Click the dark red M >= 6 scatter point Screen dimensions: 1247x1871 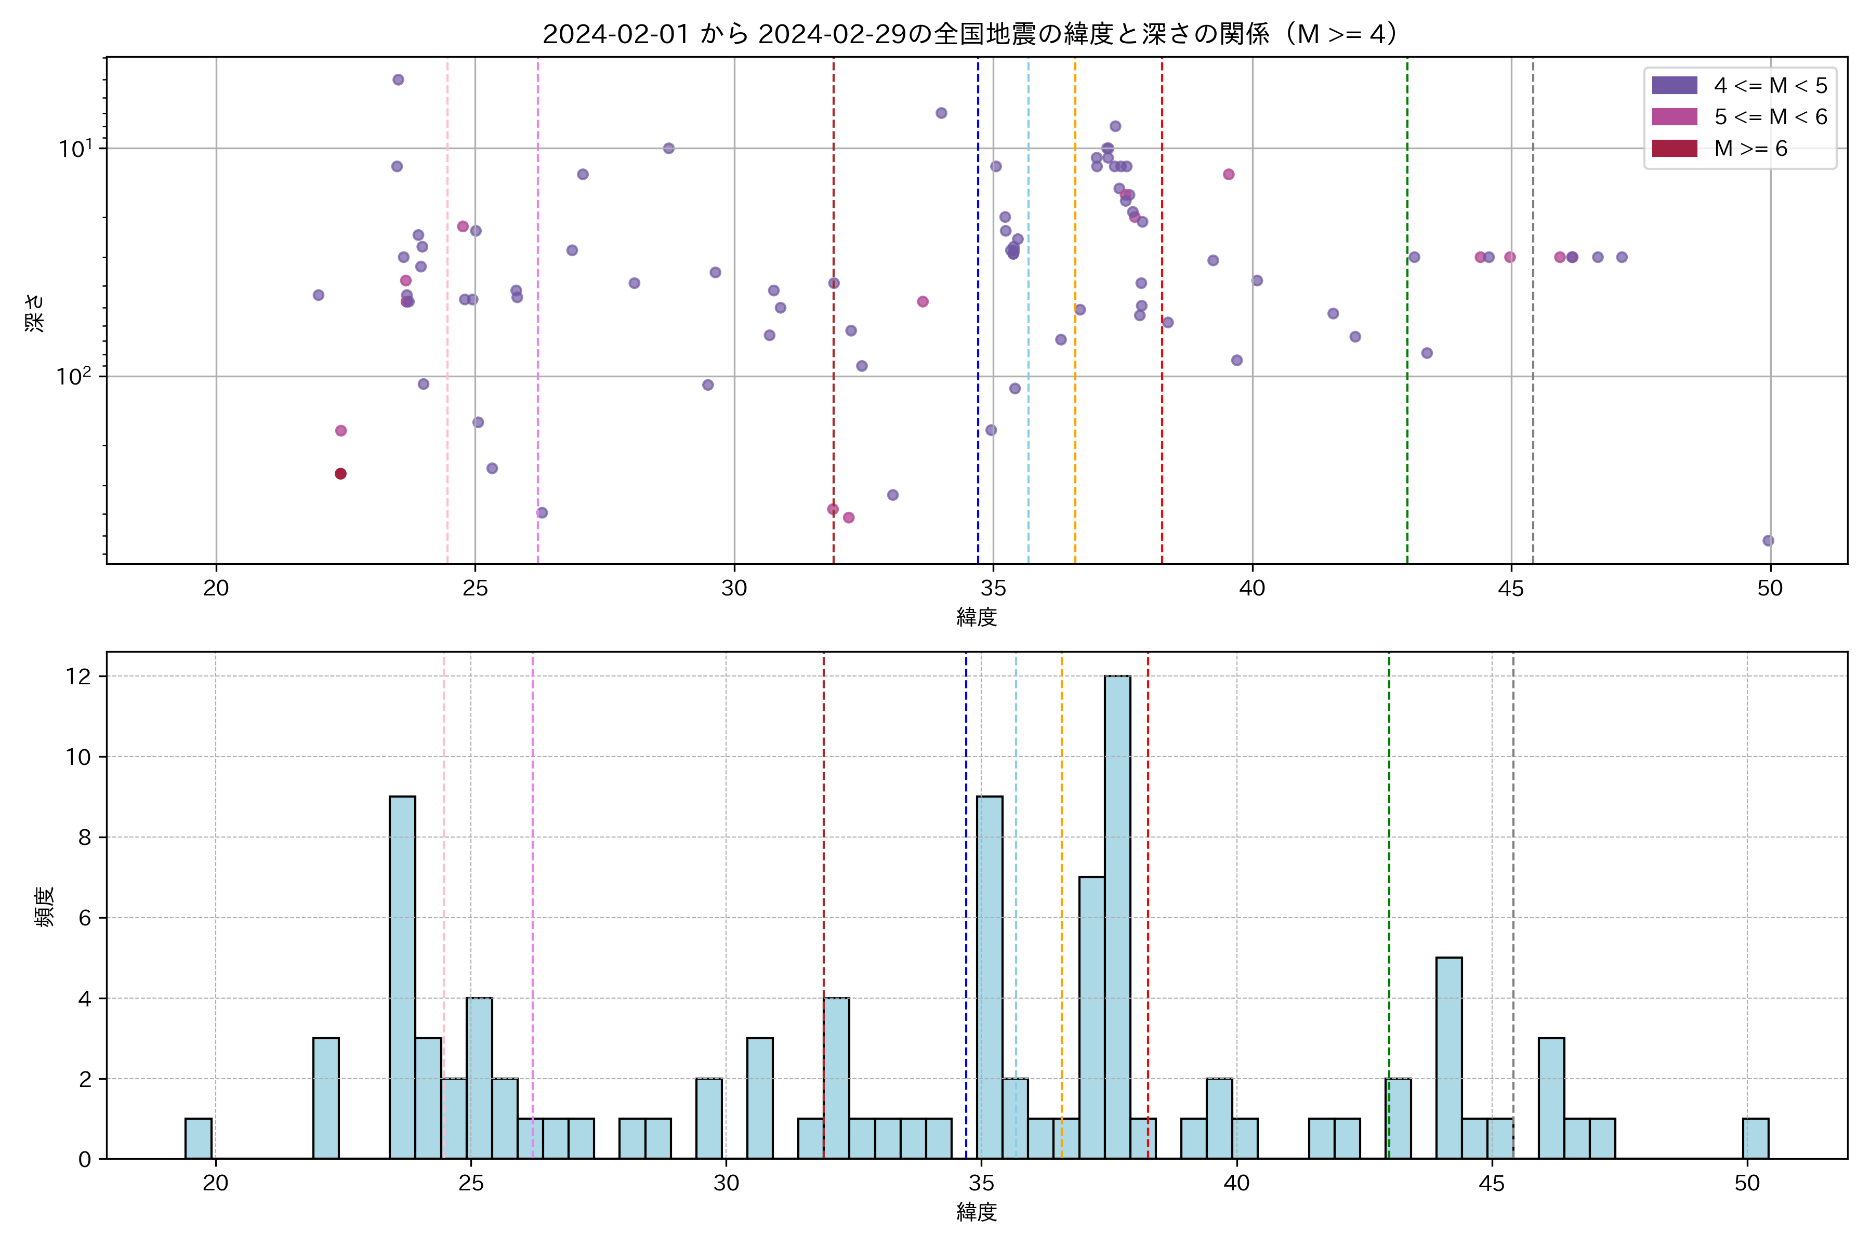(340, 474)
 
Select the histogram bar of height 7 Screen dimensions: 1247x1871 (1091, 1017)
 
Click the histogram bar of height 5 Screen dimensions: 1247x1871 (1448, 1058)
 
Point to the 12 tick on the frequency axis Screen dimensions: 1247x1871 (79, 677)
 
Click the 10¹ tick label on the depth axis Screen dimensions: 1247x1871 (75, 149)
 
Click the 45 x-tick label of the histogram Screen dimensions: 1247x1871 (1492, 1183)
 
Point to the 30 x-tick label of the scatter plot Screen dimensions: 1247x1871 (734, 589)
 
